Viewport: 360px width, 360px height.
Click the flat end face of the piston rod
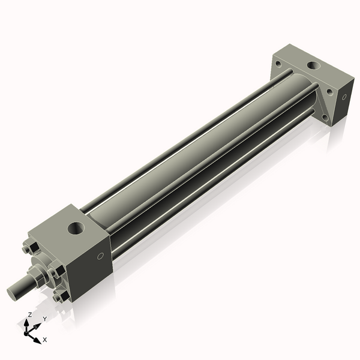(13, 293)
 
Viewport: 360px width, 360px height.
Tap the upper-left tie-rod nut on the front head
(27, 248)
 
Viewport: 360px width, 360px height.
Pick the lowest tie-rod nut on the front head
(60, 297)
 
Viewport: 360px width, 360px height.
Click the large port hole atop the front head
(76, 228)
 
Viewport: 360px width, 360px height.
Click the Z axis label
(29, 314)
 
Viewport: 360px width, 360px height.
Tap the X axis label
(45, 340)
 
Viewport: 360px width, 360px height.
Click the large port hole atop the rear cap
(313, 65)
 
